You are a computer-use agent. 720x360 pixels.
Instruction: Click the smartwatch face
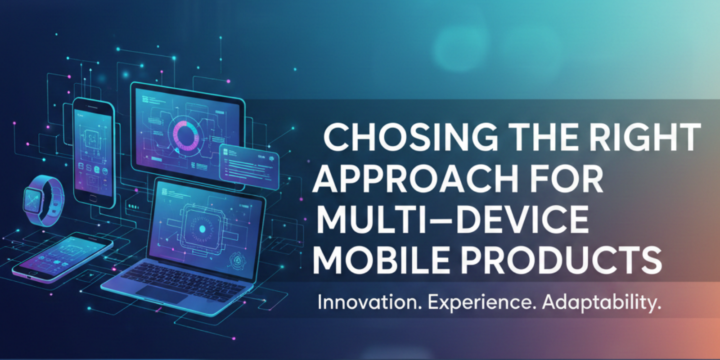33,198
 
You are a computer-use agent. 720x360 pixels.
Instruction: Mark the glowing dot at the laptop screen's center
202,229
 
